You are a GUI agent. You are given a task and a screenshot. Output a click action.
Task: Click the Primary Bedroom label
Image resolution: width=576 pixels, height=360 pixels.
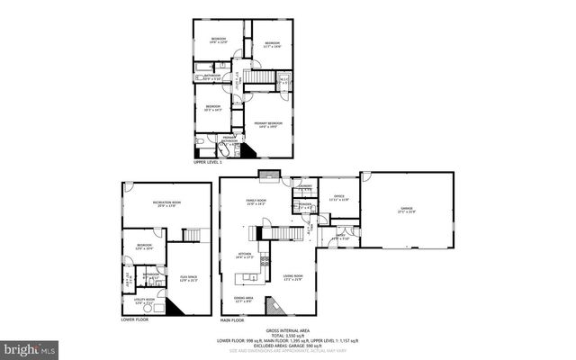(268, 123)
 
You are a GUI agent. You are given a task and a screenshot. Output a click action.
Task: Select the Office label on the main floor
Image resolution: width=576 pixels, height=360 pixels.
(338, 196)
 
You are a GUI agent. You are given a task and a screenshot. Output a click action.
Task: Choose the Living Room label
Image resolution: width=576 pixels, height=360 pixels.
(293, 276)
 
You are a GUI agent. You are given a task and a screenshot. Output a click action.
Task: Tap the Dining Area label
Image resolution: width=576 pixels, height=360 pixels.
(244, 298)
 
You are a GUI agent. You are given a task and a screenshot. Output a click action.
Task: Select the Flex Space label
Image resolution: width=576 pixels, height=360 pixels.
(189, 277)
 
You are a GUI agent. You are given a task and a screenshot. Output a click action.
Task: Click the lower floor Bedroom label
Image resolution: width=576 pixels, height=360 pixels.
(145, 245)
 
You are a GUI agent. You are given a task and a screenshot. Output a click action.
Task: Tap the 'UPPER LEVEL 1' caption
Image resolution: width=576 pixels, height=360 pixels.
(207, 162)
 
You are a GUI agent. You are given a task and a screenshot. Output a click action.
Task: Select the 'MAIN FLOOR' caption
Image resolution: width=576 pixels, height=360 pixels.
(232, 319)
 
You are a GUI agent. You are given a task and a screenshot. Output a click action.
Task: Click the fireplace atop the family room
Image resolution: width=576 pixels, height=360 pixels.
(269, 175)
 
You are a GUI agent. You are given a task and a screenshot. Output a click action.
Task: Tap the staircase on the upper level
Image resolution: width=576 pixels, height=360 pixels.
(259, 81)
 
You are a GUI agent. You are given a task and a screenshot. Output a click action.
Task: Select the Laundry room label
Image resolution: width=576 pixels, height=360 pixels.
(304, 187)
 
